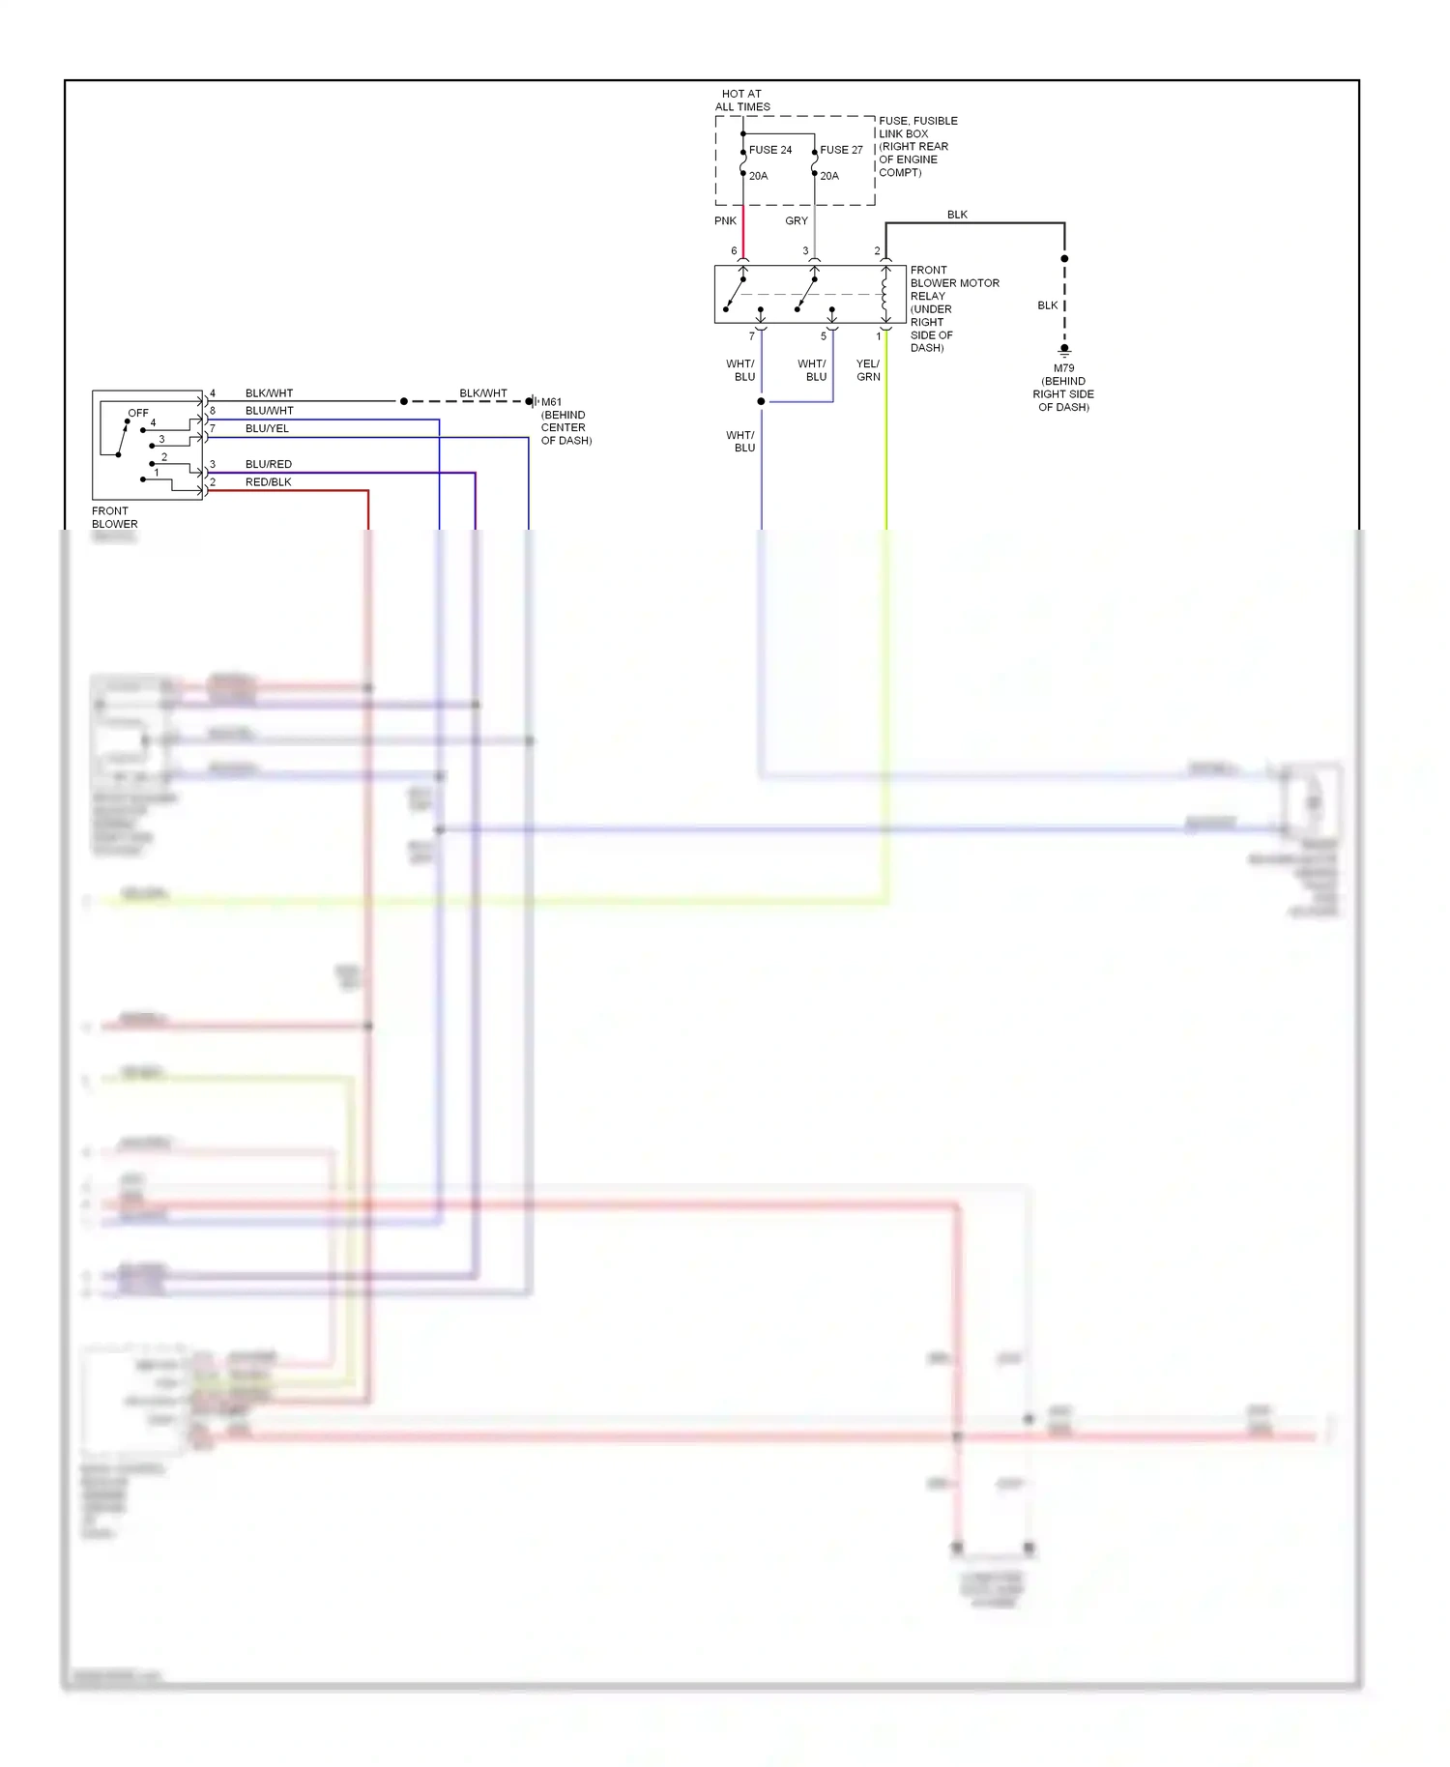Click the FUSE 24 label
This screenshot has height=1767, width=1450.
(x=769, y=150)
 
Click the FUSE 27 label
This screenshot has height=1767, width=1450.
(x=841, y=150)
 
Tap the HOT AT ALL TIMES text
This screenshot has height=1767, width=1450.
(x=742, y=101)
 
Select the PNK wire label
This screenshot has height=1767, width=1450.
(x=725, y=221)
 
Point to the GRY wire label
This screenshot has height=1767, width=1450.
(x=797, y=221)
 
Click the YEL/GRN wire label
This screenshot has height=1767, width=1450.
(x=868, y=370)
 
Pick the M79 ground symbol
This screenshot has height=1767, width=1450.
(x=1064, y=351)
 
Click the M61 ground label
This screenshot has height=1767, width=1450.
(x=551, y=402)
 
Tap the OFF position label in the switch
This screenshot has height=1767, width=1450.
(x=138, y=413)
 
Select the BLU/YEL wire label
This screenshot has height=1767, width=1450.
(x=267, y=428)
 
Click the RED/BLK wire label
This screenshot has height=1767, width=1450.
(x=268, y=482)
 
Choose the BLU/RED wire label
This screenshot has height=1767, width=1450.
(x=268, y=464)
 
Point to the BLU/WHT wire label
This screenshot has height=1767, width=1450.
(x=269, y=411)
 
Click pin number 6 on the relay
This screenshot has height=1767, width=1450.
(x=734, y=251)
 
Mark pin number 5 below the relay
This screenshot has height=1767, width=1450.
(x=824, y=336)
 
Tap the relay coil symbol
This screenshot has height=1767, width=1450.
(x=884, y=294)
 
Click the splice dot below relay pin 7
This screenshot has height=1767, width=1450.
(x=762, y=401)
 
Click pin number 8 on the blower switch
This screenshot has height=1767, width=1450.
(x=213, y=411)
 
